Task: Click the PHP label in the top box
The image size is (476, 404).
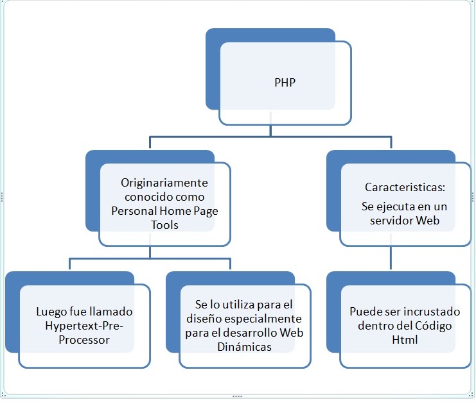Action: [x=285, y=83]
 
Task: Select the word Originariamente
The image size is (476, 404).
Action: [x=164, y=183]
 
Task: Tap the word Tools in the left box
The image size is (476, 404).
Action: [x=165, y=225]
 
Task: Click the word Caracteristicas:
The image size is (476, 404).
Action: [x=405, y=188]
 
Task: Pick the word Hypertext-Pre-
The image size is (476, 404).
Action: [x=84, y=326]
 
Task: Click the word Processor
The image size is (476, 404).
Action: [x=84, y=340]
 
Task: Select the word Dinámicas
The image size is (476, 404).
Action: [x=243, y=346]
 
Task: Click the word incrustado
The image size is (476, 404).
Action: [x=433, y=312]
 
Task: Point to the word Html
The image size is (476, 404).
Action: [x=405, y=340]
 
